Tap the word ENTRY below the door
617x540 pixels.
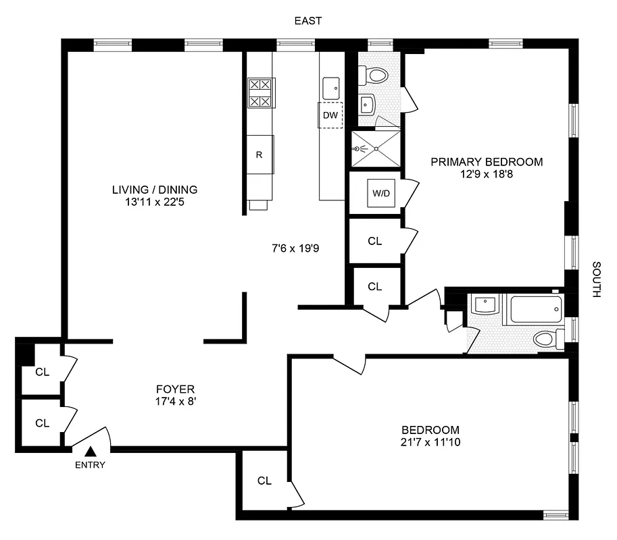coord(90,464)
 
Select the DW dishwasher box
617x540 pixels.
coord(330,115)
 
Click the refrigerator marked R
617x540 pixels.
coord(260,155)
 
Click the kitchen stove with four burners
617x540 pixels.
coord(260,94)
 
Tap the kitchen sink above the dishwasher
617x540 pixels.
coord(331,87)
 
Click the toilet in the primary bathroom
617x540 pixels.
coord(374,74)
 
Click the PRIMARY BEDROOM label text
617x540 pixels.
coord(487,162)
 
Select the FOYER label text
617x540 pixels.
coord(175,389)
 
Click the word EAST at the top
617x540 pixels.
coord(307,21)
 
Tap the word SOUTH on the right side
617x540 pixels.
coord(596,279)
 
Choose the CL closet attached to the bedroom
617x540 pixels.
coord(264,481)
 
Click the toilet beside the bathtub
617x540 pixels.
coord(544,338)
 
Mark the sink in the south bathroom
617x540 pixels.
coord(485,306)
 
